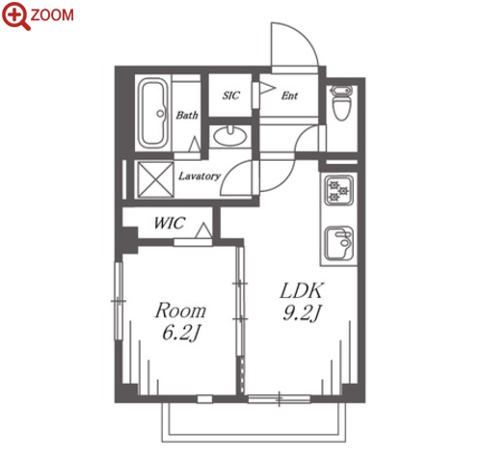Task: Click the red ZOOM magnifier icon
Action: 16,16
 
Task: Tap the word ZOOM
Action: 52,14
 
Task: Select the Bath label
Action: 187,115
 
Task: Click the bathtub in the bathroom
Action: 154,113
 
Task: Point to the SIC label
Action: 231,95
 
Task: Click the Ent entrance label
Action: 289,95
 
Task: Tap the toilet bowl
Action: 341,102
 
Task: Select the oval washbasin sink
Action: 230,136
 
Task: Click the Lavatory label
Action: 200,176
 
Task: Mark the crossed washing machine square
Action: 155,179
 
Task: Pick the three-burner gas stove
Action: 339,190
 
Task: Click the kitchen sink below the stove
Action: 339,243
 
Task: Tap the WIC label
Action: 170,223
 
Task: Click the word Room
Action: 180,311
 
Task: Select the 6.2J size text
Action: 181,333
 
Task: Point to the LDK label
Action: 301,290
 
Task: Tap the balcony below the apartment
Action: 253,422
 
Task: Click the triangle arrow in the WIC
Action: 203,230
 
